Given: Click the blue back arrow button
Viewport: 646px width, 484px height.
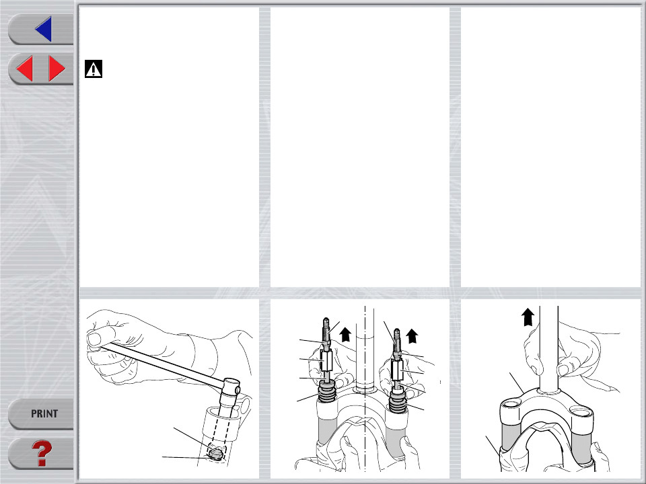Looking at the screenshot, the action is tap(44, 29).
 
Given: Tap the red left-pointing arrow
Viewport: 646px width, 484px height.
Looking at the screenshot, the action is tap(24, 69).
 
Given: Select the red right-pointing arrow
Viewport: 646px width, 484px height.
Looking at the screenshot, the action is tap(57, 69).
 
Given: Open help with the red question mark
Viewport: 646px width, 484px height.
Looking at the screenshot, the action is tap(42, 453).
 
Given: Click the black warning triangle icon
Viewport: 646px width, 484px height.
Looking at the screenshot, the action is tap(94, 69).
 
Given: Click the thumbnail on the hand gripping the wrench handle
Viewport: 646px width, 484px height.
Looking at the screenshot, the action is tap(94, 339).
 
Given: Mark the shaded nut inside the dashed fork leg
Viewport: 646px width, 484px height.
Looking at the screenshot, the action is tap(215, 454).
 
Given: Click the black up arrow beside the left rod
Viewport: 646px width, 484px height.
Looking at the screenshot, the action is tap(345, 334).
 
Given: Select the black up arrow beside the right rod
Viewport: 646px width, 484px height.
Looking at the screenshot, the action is tap(412, 336).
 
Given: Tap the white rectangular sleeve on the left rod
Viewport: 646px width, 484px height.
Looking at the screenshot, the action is tap(326, 360).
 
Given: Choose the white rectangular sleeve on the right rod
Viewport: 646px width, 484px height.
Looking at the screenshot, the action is tap(397, 370).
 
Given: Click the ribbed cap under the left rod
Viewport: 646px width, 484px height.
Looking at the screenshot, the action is tap(328, 393).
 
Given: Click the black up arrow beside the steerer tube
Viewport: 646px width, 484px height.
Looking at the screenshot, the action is tap(528, 317).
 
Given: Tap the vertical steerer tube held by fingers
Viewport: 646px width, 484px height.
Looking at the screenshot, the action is tap(549, 348).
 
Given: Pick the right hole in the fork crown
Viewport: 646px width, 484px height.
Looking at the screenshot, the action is tap(581, 411).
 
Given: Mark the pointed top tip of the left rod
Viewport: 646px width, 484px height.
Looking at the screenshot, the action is tap(326, 318).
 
